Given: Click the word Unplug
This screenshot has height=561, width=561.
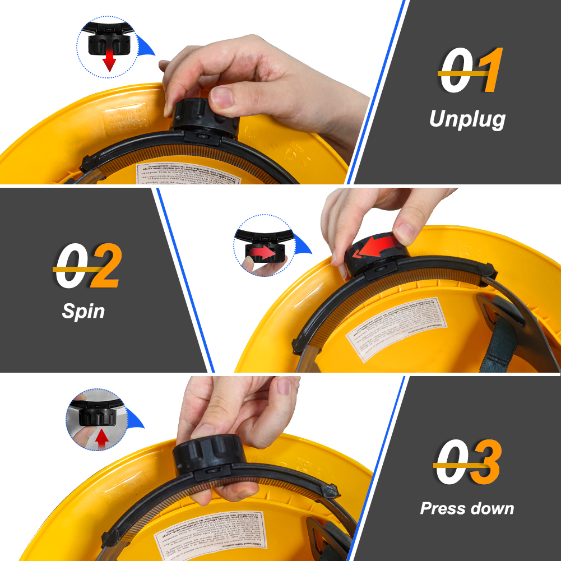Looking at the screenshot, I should tap(467, 119).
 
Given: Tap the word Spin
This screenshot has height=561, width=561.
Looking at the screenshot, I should tap(83, 310).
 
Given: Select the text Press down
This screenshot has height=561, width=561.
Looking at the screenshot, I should tap(467, 508).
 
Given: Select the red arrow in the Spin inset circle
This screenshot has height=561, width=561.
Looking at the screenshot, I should tap(263, 254).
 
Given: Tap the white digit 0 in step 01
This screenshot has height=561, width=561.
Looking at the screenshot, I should tap(456, 72).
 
